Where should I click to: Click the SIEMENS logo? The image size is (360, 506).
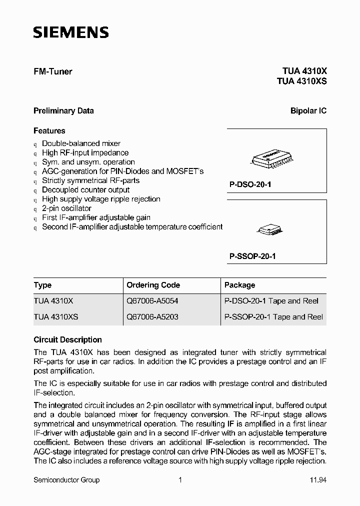tap(70, 33)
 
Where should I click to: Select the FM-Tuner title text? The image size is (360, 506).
tap(52, 71)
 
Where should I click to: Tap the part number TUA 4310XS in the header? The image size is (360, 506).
tap(301, 81)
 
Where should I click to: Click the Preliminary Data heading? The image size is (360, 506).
tap(63, 111)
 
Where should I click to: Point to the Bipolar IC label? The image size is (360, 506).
tap(308, 111)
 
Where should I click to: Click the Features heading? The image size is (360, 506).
tap(49, 131)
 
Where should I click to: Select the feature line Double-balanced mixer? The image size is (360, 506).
tap(81, 143)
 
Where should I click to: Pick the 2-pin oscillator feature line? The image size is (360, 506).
tap(66, 208)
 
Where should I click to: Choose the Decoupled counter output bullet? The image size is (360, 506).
tap(85, 190)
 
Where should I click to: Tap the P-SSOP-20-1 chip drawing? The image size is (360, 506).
tap(270, 229)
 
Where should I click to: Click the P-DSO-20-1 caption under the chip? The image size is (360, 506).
tap(250, 184)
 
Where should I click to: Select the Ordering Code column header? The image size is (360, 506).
tap(153, 285)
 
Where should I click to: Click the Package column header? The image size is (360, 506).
tap(239, 285)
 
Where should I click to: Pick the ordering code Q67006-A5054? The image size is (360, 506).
tap(152, 301)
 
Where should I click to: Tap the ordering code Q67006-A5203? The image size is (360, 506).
tap(152, 317)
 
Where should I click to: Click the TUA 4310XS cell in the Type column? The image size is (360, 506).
tap(55, 317)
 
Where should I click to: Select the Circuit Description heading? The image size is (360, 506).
tap(67, 339)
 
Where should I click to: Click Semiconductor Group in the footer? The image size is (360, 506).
tap(66, 480)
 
